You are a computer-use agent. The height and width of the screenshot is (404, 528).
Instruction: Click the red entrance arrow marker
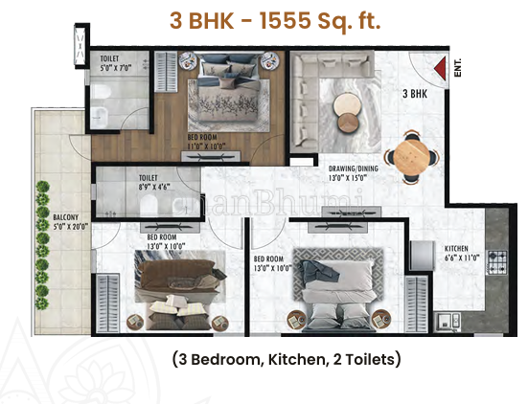coord(441,69)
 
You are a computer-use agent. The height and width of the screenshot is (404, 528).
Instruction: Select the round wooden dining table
coord(413,159)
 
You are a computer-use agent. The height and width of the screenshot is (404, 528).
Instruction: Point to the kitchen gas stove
coord(498,258)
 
